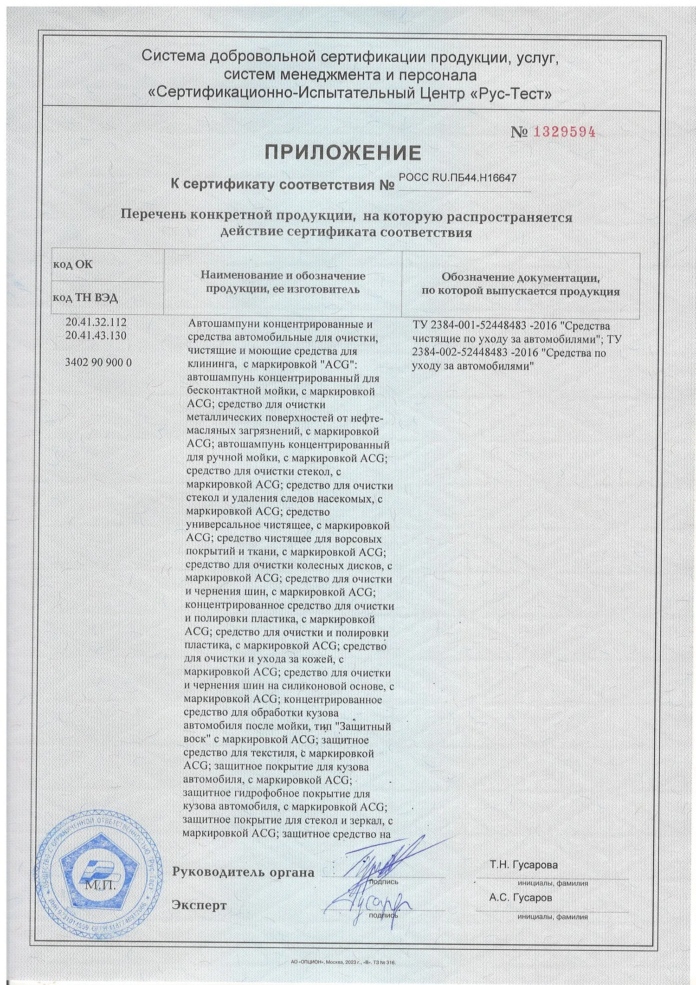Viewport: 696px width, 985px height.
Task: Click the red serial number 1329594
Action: (x=564, y=132)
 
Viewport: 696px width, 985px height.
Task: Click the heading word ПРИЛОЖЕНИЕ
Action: (x=343, y=152)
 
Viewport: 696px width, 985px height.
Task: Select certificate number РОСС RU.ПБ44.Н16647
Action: (x=457, y=177)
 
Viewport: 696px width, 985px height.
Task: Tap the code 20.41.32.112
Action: (x=97, y=322)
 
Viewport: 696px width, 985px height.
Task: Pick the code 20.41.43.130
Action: (x=97, y=335)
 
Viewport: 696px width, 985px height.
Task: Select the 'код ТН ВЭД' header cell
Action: (x=85, y=298)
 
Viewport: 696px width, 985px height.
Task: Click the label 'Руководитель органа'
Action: (x=243, y=872)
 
